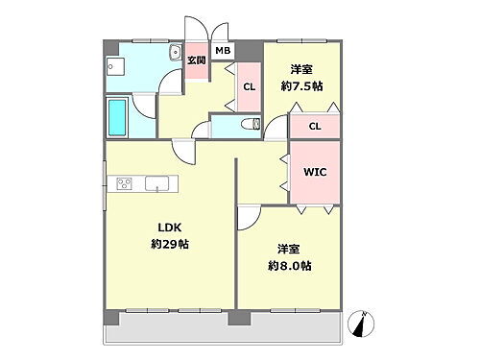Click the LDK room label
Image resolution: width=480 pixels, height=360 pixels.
click(x=169, y=228)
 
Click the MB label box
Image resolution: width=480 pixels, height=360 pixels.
click(x=223, y=51)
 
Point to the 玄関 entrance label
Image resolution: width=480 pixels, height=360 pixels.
click(x=196, y=60)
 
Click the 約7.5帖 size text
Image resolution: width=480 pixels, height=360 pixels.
click(x=301, y=85)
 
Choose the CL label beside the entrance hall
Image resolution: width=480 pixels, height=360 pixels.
click(x=249, y=87)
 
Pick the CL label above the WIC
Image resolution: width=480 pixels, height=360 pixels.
click(x=315, y=126)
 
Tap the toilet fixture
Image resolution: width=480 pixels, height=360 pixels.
click(x=252, y=122)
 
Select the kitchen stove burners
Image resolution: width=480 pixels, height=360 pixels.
click(x=126, y=183)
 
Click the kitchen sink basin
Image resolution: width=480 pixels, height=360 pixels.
click(x=156, y=183)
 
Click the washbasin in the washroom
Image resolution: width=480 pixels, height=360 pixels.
click(x=174, y=54)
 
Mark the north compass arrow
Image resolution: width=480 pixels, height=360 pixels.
click(x=363, y=326)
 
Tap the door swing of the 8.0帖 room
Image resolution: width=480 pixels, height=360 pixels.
click(x=247, y=218)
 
